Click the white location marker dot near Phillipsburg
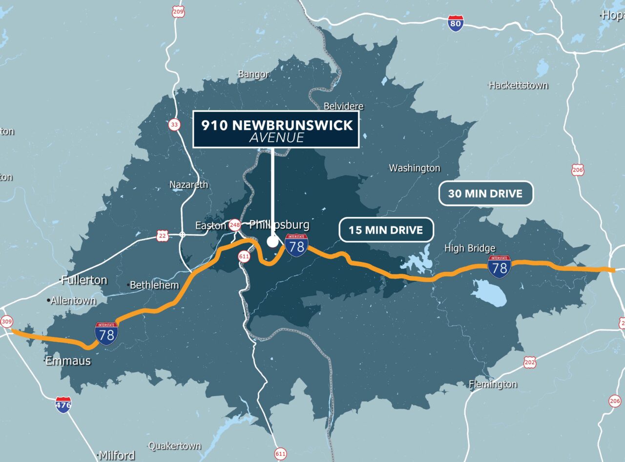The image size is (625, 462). click(x=272, y=242)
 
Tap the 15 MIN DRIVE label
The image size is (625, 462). click(x=386, y=230)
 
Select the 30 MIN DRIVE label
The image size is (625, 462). click(x=485, y=194)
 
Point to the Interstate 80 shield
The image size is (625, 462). click(x=456, y=23)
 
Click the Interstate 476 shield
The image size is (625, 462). click(x=63, y=404)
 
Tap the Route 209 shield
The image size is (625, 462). click(x=178, y=11)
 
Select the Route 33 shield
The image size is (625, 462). click(x=174, y=125)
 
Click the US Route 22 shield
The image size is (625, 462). click(x=163, y=236)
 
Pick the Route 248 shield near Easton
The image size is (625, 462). click(x=235, y=225)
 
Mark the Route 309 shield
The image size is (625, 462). click(x=6, y=322)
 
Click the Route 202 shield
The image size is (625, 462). click(x=529, y=362)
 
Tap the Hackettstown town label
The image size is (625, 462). click(x=518, y=85)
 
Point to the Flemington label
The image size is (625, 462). click(x=493, y=384)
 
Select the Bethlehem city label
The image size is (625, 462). click(x=153, y=285)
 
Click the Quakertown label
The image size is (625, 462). click(x=174, y=446)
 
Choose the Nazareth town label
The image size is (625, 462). click(x=188, y=185)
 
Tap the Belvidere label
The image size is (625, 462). click(x=344, y=106)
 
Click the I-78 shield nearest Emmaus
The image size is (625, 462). click(x=106, y=333)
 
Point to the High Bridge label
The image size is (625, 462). click(x=469, y=248)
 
